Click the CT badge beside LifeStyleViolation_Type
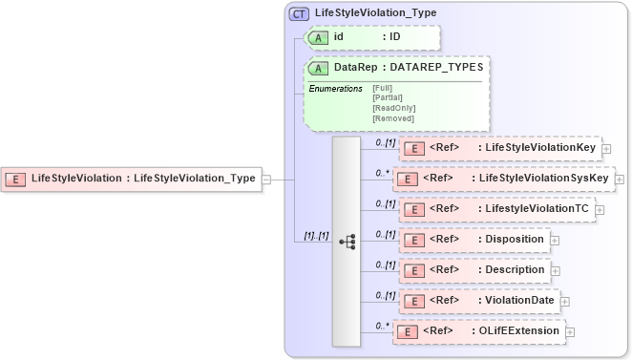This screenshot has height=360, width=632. (x=299, y=14)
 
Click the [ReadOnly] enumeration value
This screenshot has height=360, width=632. (x=393, y=108)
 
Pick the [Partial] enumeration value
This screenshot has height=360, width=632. (x=389, y=97)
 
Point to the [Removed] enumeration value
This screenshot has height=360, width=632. (x=393, y=118)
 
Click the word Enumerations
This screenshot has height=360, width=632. (x=334, y=88)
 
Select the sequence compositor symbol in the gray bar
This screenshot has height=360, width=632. (x=347, y=242)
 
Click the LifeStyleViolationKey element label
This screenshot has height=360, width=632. (x=540, y=148)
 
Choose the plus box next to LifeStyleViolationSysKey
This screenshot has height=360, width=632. (x=618, y=179)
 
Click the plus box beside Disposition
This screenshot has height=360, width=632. (x=555, y=240)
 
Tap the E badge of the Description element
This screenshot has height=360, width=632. (x=411, y=270)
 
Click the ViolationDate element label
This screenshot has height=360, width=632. (x=516, y=301)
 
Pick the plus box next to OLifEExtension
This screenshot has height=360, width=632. (x=570, y=331)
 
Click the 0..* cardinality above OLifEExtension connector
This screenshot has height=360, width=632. (x=382, y=326)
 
